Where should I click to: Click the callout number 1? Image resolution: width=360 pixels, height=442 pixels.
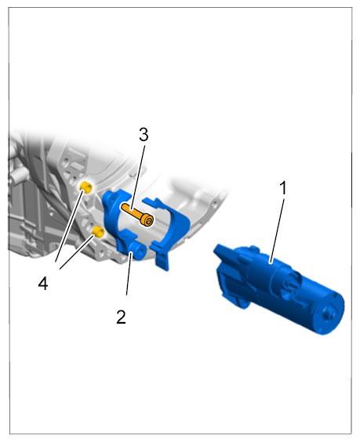[x=282, y=188]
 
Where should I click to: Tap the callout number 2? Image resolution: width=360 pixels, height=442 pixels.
[x=121, y=317]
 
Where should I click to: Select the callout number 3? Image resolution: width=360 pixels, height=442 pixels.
[x=144, y=135]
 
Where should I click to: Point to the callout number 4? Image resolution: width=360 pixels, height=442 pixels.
[x=43, y=283]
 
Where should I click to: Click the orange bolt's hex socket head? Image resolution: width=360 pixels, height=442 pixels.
[x=147, y=219]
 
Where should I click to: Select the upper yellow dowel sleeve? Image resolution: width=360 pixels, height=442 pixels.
[x=86, y=187]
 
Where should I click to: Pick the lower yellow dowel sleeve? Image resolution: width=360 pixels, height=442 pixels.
[x=99, y=232]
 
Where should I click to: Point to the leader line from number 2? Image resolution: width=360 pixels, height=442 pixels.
[x=129, y=274]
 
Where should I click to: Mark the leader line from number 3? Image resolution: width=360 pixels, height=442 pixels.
[x=138, y=178]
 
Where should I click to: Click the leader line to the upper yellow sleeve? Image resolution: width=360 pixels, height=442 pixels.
[x=69, y=226]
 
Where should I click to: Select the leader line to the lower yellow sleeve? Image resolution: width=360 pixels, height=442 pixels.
[x=77, y=253]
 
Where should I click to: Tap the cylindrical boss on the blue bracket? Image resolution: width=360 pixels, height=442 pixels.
[x=137, y=250]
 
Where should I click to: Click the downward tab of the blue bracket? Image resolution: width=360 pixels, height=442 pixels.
[x=162, y=260]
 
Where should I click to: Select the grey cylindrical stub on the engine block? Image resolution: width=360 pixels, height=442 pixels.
[x=18, y=177]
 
